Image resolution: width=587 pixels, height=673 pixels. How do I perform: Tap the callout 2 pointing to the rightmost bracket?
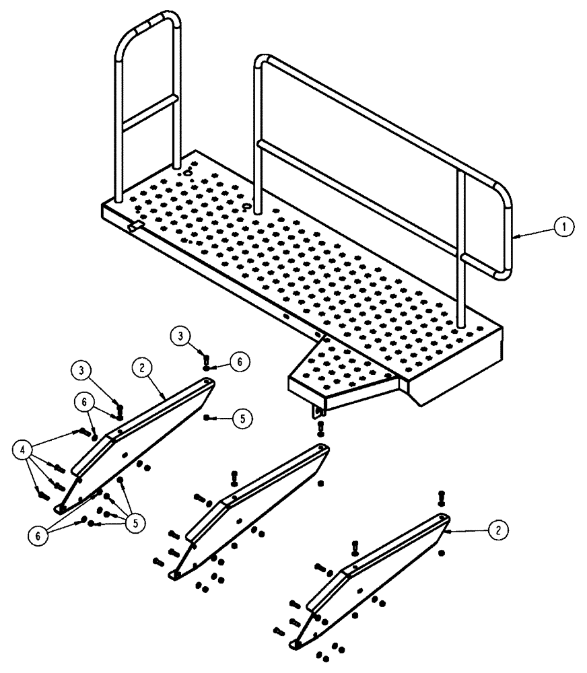coord(498,530)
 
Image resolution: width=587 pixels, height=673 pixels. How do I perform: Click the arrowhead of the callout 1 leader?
coord(515,236)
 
